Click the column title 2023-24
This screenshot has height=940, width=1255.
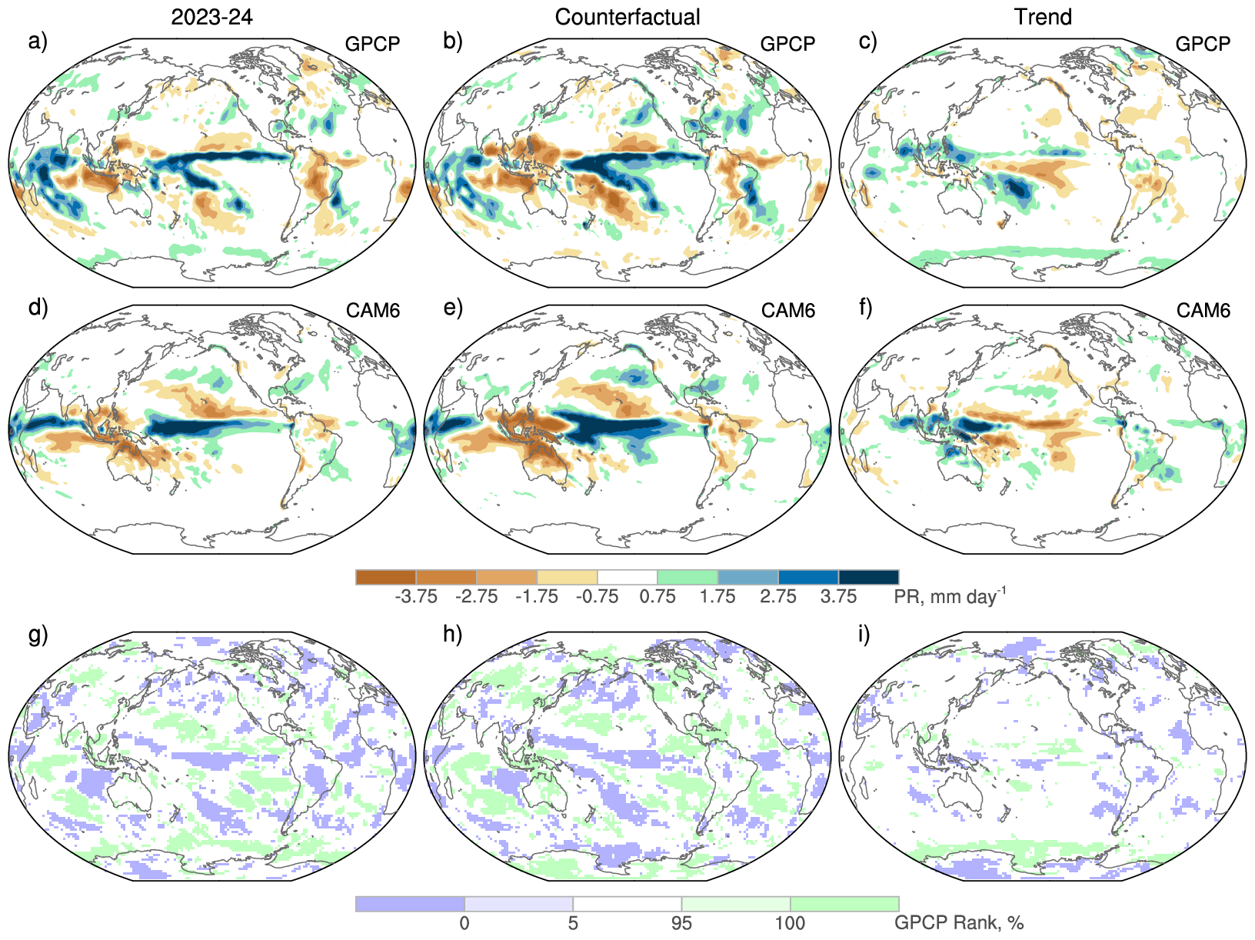(x=211, y=17)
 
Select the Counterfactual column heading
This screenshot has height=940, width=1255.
(x=627, y=17)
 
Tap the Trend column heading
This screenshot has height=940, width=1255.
(x=1043, y=17)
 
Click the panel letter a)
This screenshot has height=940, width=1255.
(x=38, y=41)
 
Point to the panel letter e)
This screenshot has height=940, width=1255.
(x=453, y=308)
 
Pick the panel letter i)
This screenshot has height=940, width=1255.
(x=865, y=635)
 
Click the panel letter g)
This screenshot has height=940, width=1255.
(x=38, y=635)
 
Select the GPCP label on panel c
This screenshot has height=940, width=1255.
(x=1203, y=44)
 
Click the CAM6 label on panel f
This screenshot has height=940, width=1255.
(x=1203, y=311)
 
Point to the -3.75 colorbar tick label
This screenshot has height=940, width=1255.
(x=416, y=597)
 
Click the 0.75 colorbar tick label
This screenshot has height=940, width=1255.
(x=657, y=597)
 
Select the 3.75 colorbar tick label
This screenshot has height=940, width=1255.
(x=838, y=597)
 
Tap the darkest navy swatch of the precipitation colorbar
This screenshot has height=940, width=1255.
(x=868, y=577)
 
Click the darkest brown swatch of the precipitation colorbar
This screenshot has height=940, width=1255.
(x=386, y=577)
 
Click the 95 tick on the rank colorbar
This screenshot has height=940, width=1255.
(x=681, y=923)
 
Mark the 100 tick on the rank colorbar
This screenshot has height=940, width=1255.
(x=790, y=923)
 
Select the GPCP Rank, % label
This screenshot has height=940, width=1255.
(x=958, y=923)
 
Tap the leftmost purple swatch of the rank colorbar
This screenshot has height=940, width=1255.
(x=410, y=904)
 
